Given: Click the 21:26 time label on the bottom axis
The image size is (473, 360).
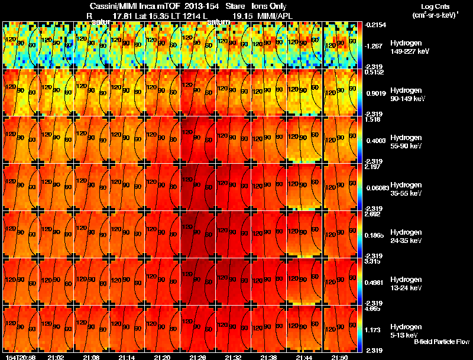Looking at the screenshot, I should click(197, 357).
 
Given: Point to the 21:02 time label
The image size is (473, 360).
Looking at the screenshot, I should click(55, 357).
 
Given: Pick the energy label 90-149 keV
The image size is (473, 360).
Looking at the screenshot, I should click(408, 99).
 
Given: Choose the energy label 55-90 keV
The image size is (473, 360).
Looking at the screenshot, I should click(407, 146).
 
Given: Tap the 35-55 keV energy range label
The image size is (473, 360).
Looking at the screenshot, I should click(407, 193).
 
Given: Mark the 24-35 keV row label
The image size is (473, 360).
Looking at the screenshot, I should click(407, 241).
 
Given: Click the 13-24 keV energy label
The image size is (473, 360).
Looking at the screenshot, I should click(407, 288).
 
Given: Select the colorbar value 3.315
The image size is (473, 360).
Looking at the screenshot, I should click(373, 261).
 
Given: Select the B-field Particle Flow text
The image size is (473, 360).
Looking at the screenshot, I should click(441, 342).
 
